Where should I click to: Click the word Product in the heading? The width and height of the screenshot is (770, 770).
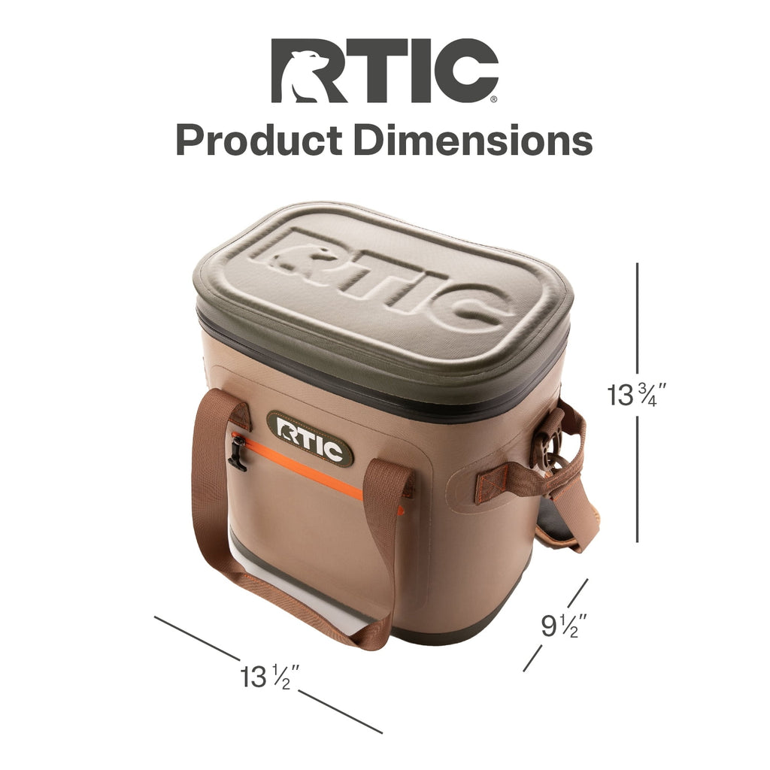point(259,141)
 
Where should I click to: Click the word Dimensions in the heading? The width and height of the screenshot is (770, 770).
point(473,141)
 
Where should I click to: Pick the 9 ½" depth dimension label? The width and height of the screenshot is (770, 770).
point(563,625)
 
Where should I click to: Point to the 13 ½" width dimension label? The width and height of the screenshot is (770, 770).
point(270,677)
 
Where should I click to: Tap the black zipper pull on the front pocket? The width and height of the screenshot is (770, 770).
point(237,453)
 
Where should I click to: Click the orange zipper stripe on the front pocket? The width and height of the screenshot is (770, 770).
point(314,471)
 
